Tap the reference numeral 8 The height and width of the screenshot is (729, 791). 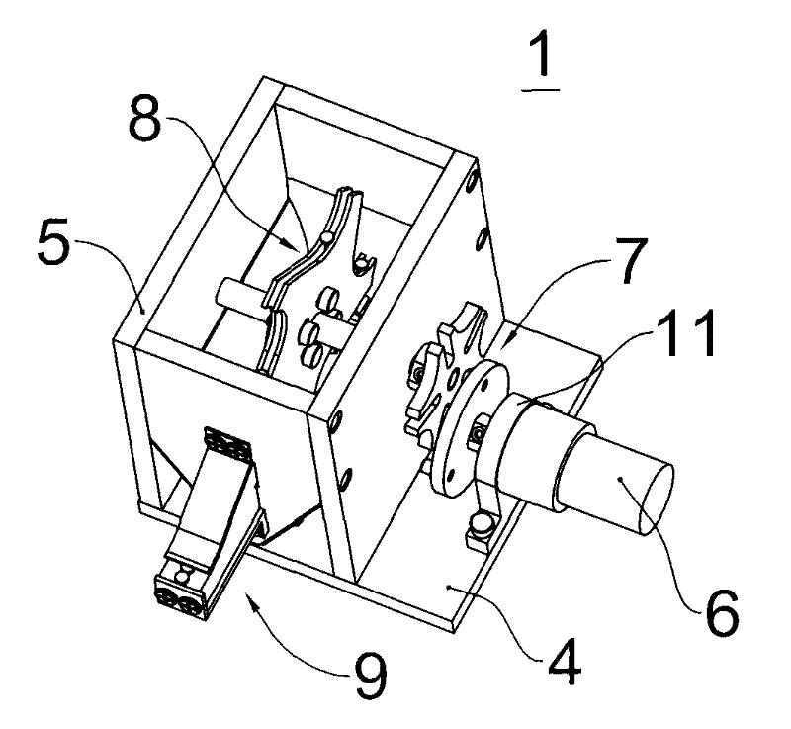[x=144, y=118]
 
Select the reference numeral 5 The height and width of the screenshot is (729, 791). [x=53, y=240]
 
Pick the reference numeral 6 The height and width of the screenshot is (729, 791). [x=722, y=611]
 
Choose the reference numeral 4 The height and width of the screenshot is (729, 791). [x=565, y=661]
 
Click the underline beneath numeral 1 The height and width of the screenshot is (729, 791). [x=540, y=90]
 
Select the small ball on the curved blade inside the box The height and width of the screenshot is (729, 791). [x=327, y=236]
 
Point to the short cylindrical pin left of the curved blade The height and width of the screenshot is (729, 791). [x=241, y=298]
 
